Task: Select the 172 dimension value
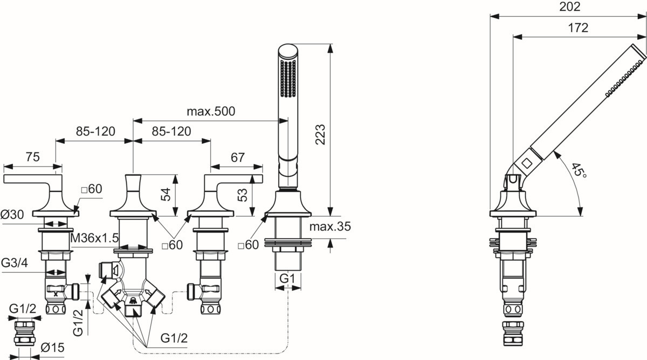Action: pos(578,29)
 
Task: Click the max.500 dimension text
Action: pos(211,112)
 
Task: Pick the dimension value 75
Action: pos(32,157)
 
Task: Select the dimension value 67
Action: pos(237,157)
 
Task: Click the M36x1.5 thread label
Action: pos(94,238)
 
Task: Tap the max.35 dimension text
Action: pos(331,227)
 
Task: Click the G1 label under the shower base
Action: pos(287,279)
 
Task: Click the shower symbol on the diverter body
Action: pos(132,300)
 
